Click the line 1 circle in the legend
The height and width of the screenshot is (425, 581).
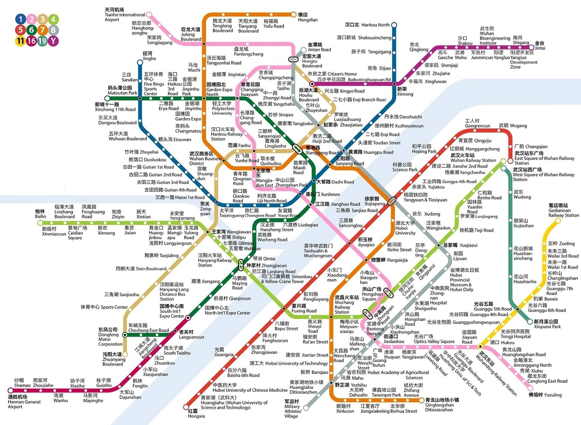coord(20,19)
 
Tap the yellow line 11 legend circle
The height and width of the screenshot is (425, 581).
coord(20,41)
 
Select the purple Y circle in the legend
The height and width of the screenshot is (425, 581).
coord(53,41)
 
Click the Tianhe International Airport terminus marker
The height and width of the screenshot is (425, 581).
coord(149,15)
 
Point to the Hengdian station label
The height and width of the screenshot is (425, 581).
coord(308,17)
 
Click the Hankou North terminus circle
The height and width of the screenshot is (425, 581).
coord(394,25)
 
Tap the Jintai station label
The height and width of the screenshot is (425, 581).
coord(540,46)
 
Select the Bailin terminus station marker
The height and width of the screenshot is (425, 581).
coord(40,223)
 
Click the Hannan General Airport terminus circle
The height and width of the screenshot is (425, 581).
coord(10,391)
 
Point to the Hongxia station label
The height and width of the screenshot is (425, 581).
coord(196,414)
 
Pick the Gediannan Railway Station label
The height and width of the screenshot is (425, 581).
coord(563,210)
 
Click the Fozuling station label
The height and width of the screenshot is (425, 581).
coord(545,395)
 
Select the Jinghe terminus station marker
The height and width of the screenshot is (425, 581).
coord(140,62)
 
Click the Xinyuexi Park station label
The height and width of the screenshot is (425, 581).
coord(547,324)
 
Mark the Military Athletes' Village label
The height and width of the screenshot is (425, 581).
coord(293,409)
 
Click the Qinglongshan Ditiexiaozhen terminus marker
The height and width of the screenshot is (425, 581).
coord(422,400)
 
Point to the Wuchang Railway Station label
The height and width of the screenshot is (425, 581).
coord(346,305)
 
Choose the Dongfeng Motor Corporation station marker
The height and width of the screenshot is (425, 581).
coord(125,335)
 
